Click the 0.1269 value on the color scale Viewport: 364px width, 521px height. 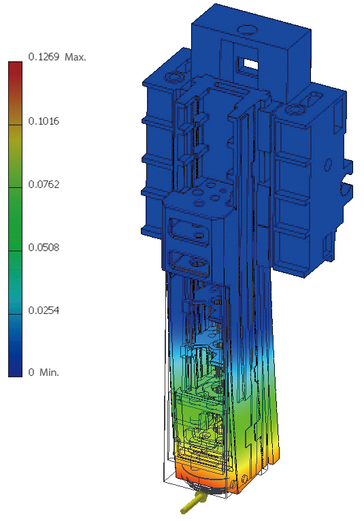click(x=44, y=57)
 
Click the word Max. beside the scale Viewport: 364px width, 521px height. click(x=76, y=57)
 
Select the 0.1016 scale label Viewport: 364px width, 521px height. click(x=44, y=121)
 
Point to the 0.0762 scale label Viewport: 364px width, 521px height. click(x=44, y=184)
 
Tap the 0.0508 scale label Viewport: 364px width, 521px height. click(x=44, y=247)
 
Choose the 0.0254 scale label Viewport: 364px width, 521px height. click(x=44, y=311)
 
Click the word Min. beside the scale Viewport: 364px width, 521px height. click(x=49, y=372)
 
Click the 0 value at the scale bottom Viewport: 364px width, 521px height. click(x=31, y=372)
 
